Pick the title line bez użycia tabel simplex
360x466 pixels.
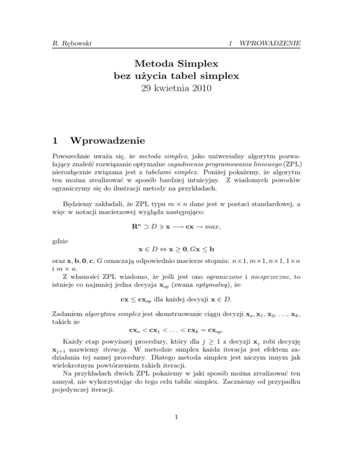(180, 75)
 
